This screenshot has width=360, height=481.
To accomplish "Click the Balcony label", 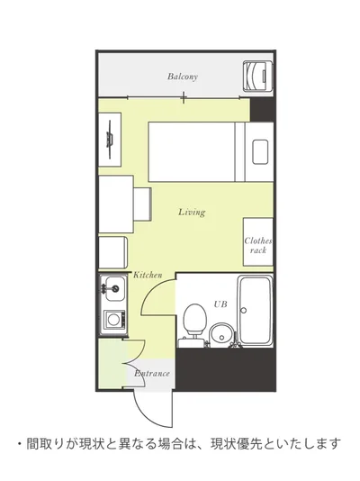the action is coord(183,77).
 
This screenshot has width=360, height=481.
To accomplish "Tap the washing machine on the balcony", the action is coord(258,76).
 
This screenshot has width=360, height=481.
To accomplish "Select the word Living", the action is coord(192,213).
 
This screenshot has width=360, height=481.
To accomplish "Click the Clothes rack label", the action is coord(258,245).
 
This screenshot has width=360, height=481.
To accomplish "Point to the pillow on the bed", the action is coord(260,152).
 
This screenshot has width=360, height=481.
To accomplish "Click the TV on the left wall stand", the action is coord(110,140).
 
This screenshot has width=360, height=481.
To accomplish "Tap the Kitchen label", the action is coord(148,275).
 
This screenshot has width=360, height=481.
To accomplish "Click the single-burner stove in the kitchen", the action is coord(114,320).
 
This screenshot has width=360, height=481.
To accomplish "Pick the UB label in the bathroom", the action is coord(220,304).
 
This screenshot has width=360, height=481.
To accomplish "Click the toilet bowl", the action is coord(194,320).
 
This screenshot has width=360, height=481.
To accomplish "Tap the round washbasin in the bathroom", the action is coord(221,335).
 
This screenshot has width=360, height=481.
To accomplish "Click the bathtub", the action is coord(256,311).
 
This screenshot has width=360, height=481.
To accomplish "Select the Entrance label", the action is coord(152,374).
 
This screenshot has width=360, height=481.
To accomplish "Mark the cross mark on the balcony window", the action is coord(184,98).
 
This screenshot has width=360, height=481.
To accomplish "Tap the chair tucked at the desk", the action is coord(142,204).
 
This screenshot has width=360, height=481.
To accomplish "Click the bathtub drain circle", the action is coord(244,311).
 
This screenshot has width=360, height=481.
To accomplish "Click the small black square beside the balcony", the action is coord(262,110).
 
